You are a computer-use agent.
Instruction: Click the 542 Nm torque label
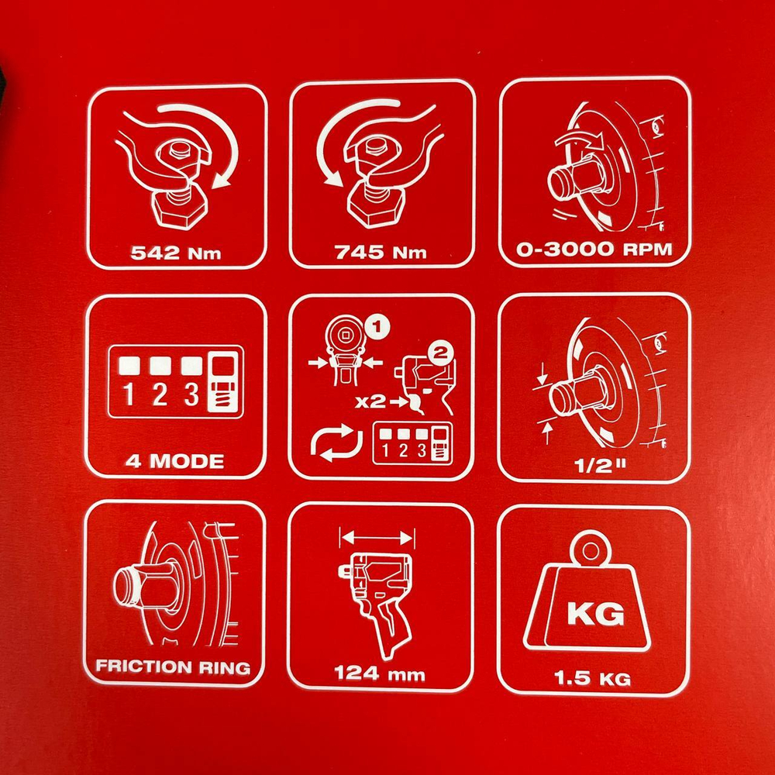pos(175,253)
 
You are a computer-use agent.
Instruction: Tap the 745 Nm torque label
pos(380,252)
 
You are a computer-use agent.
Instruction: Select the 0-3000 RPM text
pos(594,249)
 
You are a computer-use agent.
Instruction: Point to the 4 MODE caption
pos(174,461)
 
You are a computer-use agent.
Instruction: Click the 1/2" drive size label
pos(600,465)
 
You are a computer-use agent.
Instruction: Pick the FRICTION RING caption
pos(173,666)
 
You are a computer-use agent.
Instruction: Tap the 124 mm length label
pos(380,673)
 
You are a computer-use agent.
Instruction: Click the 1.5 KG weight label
pos(592,677)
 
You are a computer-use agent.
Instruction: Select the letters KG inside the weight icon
pos(595,615)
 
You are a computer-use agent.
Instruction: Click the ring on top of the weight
pos(591,549)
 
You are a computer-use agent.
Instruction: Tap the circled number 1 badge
pos(377,327)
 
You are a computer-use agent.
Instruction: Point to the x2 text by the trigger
pos(370,401)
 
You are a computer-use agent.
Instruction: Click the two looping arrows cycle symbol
pos(336,442)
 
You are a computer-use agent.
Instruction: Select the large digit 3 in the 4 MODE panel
pos(191,394)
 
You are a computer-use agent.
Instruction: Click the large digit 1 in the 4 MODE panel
pos(129,394)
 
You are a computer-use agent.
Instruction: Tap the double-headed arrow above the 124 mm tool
pos(377,538)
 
